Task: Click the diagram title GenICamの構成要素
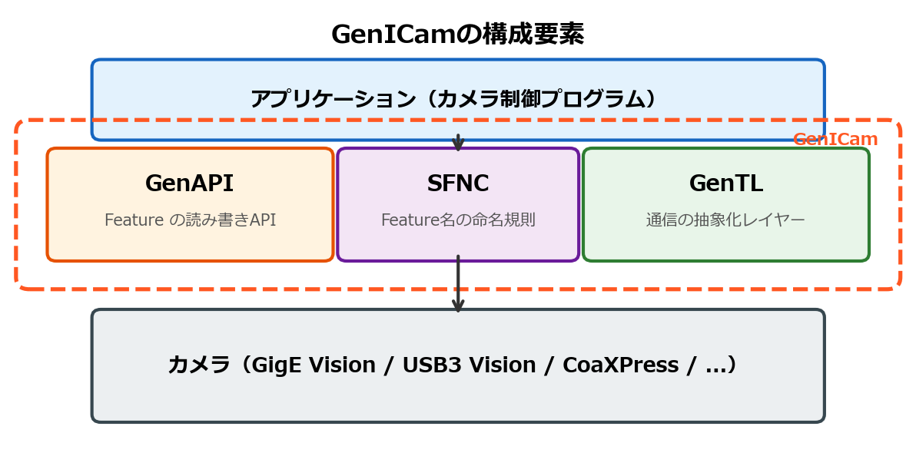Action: (457, 35)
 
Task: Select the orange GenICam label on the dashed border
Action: (835, 140)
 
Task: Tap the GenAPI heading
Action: (189, 183)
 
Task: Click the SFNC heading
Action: (458, 183)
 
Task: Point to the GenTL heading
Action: (725, 183)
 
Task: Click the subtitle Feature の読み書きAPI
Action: (190, 220)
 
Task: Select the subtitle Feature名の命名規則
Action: (458, 220)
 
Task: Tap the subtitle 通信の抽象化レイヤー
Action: (725, 220)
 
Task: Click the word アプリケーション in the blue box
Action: (333, 99)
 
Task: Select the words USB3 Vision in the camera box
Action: (469, 365)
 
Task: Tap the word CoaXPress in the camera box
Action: (620, 365)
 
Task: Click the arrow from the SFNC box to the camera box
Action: (458, 284)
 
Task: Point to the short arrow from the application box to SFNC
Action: (458, 143)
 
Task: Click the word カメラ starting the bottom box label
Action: (199, 365)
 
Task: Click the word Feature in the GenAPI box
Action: (134, 220)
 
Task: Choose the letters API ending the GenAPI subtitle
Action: (262, 220)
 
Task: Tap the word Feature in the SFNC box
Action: (410, 220)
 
